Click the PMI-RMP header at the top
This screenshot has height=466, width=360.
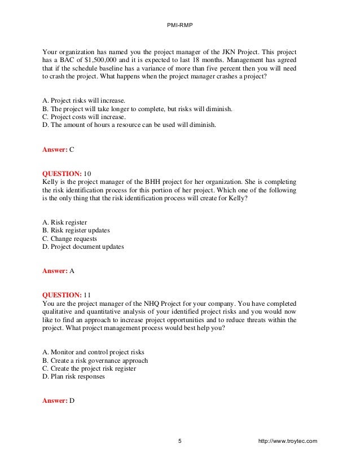(179, 25)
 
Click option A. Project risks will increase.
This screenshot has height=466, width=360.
(84, 100)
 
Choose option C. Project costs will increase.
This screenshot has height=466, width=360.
(84, 117)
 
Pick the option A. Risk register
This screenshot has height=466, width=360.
(65, 222)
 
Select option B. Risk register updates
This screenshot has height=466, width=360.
(76, 230)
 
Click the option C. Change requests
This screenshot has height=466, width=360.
(70, 238)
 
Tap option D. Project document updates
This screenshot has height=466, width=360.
(83, 247)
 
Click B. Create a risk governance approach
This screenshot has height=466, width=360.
(95, 360)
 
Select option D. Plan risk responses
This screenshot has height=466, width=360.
(73, 376)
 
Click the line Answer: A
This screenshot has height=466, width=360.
(59, 270)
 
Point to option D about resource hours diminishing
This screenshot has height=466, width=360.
(129, 125)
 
